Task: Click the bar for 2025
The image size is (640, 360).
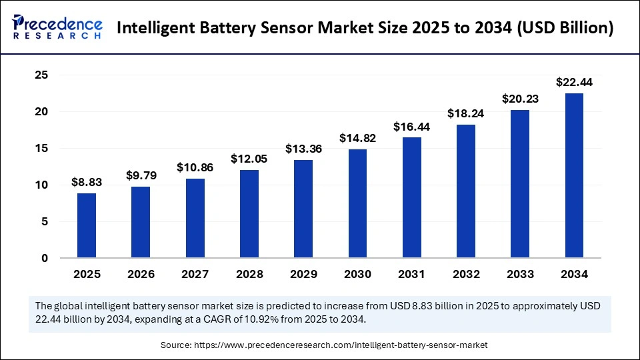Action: coord(87,225)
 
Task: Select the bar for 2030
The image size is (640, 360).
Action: coord(357,203)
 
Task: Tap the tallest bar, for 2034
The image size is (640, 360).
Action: coord(574,175)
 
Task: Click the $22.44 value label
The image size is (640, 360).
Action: coord(574,83)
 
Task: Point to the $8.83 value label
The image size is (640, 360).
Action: coord(87,183)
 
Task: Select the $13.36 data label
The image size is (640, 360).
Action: coord(303,149)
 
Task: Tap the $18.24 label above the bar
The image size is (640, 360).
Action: coord(466,113)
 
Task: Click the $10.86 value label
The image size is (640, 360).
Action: coord(195,168)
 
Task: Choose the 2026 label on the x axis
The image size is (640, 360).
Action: coord(141,274)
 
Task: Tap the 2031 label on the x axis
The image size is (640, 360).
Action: coord(411,274)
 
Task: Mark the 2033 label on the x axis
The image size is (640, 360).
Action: coord(520,274)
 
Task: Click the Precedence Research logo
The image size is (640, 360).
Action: coord(57,27)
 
